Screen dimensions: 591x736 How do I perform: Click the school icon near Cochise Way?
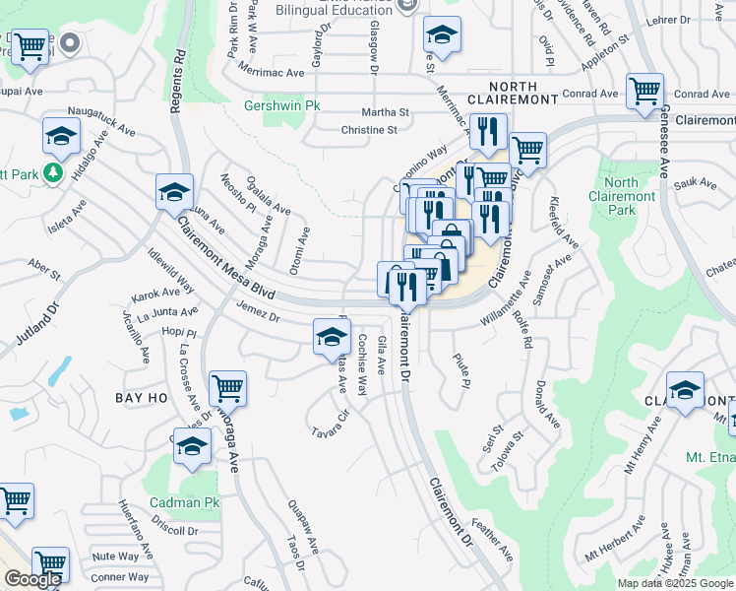pos(332,338)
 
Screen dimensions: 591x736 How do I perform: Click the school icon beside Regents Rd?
pos(174,190)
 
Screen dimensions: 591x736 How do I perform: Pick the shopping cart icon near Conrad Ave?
pos(644,92)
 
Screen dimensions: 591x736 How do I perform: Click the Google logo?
pos(31,579)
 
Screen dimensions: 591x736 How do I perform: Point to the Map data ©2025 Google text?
pos(674,583)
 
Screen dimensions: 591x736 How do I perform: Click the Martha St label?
pos(385,113)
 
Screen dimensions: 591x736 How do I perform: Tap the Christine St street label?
pos(368,130)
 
